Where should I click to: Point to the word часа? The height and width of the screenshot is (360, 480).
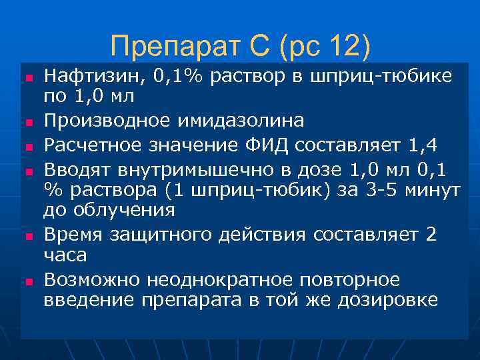tap(65, 255)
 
